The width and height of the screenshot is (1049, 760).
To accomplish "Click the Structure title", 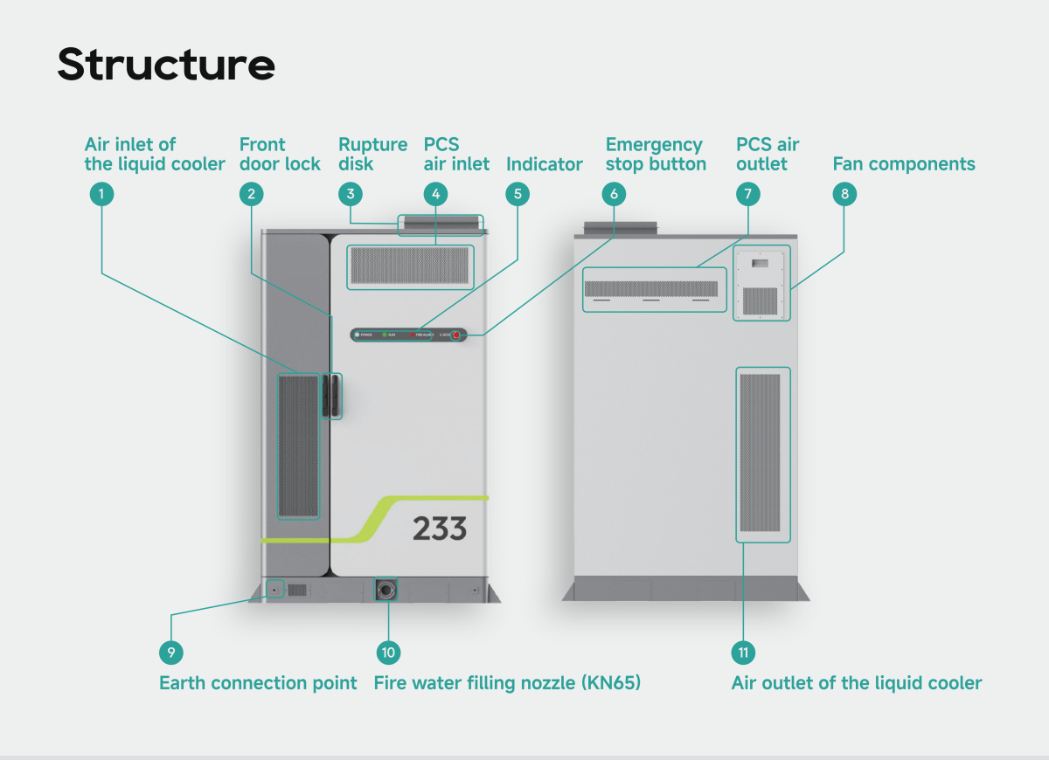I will (166, 64).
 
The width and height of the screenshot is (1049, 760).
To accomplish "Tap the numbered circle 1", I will (102, 194).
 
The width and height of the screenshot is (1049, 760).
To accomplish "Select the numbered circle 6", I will (614, 194).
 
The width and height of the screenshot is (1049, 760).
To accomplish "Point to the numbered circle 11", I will (743, 653).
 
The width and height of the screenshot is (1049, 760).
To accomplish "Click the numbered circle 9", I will (171, 653).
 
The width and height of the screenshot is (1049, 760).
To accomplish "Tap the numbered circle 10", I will (388, 653).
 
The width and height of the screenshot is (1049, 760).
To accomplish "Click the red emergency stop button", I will (455, 335).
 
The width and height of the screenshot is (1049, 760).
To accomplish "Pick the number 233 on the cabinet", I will (440, 529).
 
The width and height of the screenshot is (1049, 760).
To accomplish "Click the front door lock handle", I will (331, 395).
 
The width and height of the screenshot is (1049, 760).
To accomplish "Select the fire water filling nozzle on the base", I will (386, 591).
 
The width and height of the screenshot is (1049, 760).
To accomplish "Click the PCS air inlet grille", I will (410, 266).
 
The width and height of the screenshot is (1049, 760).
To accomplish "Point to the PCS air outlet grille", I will (650, 288).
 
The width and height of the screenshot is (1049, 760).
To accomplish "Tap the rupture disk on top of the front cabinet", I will (440, 224).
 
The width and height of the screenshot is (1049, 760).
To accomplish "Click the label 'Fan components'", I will (904, 164).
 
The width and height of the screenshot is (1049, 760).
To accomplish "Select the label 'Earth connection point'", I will (258, 683).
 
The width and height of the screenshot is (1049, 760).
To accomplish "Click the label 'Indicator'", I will (545, 164).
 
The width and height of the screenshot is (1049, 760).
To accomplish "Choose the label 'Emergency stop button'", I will (656, 155).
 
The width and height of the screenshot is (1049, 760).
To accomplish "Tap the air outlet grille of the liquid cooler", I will (759, 453).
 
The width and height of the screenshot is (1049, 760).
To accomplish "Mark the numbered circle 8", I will (844, 194).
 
